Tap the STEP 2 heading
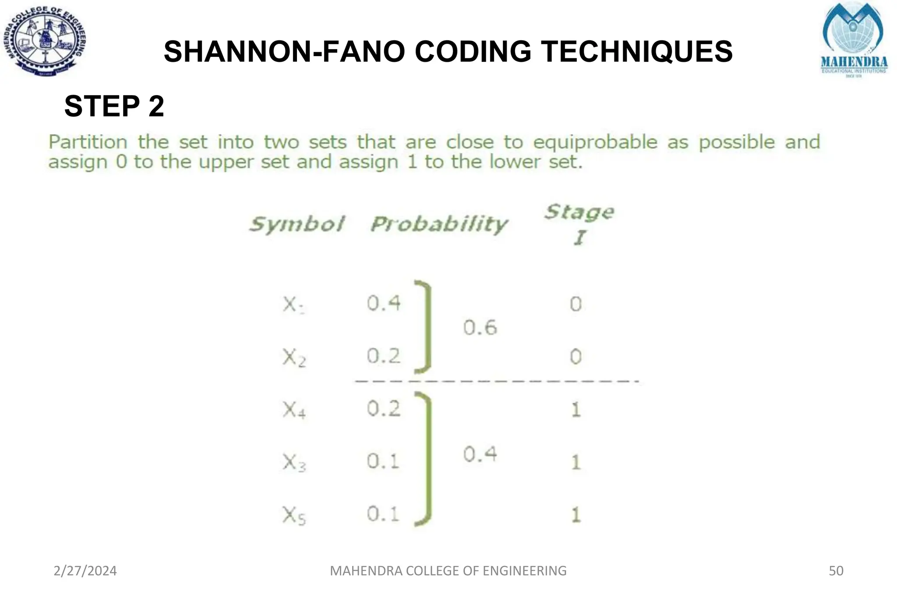[x=114, y=106]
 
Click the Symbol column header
[x=297, y=224]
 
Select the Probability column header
[x=439, y=224]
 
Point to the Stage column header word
[x=579, y=212]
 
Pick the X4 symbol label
[x=294, y=410]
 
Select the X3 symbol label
[x=294, y=463]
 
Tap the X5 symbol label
[x=294, y=515]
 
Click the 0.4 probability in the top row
[x=384, y=303]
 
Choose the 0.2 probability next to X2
[x=384, y=356]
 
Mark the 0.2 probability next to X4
[x=384, y=409]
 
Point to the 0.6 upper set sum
[x=480, y=328]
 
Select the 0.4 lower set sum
[x=480, y=454]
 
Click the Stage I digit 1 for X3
[x=576, y=462]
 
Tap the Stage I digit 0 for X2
[x=576, y=357]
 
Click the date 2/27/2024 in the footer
[x=85, y=571]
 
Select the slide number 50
[x=836, y=571]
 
